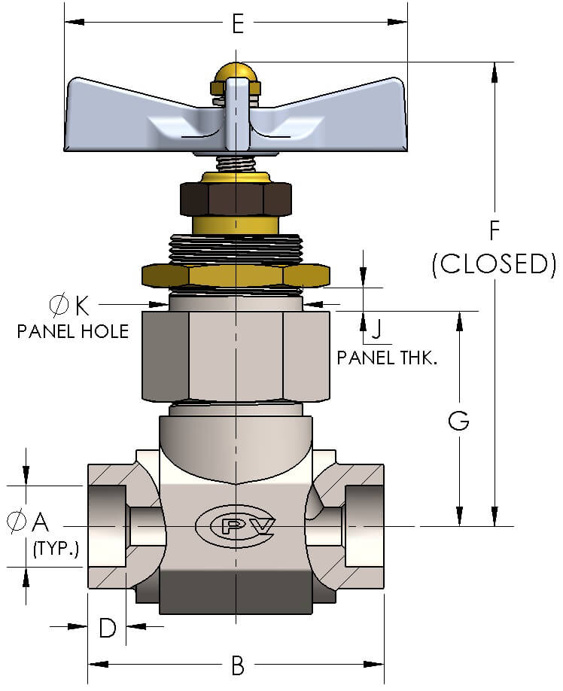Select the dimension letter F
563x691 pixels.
[494, 230]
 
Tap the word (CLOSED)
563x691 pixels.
[494, 264]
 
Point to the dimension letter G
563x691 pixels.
[458, 422]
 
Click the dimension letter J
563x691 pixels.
[377, 330]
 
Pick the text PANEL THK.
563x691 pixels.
[387, 357]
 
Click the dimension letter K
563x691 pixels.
[81, 305]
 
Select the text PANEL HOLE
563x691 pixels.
[72, 330]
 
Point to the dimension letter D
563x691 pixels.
[108, 627]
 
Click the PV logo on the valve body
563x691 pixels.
[236, 525]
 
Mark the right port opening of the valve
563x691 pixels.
[364, 525]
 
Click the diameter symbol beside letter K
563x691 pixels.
[59, 305]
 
